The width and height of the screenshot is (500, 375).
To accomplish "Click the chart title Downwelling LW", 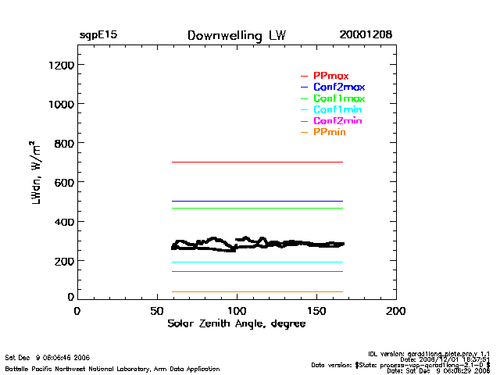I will pyautogui.click(x=237, y=36).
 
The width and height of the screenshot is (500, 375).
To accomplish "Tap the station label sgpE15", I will pyautogui.click(x=98, y=36).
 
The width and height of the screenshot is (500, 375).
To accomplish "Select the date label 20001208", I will pyautogui.click(x=366, y=36).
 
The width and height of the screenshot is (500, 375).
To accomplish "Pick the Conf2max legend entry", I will pyautogui.click(x=338, y=87).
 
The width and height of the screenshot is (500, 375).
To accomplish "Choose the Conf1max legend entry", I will pyautogui.click(x=338, y=99).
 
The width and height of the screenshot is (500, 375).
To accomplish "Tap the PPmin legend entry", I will pyautogui.click(x=329, y=134).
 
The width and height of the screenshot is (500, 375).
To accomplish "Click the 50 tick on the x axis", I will pyautogui.click(x=156, y=310).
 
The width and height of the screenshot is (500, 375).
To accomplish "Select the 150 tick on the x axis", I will pyautogui.click(x=316, y=310).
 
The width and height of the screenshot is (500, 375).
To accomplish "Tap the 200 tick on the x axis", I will pyautogui.click(x=396, y=310).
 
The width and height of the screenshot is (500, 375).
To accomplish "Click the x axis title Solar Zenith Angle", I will pyautogui.click(x=236, y=323).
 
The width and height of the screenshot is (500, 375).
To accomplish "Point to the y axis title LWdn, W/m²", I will pyautogui.click(x=36, y=174).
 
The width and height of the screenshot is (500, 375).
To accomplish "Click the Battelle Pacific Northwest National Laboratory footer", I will pyautogui.click(x=112, y=368).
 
